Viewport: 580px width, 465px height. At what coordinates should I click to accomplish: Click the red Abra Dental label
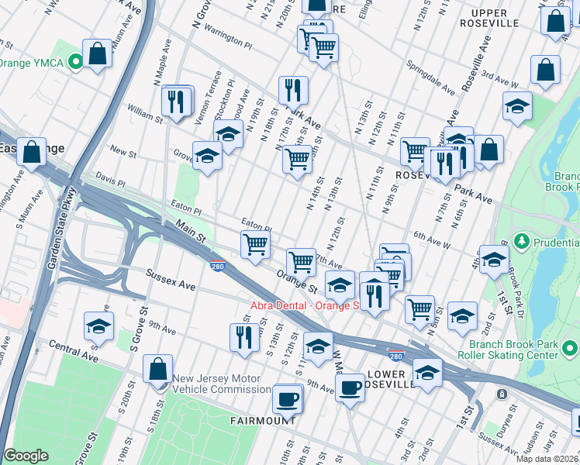tap(304, 305)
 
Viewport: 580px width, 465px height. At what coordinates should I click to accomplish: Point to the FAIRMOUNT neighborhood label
tap(263, 420)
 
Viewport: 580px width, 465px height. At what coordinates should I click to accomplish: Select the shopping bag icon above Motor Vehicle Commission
tap(157, 370)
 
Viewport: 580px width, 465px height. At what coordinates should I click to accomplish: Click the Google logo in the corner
tap(26, 456)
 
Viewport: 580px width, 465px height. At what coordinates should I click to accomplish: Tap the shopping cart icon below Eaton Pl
tap(255, 246)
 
